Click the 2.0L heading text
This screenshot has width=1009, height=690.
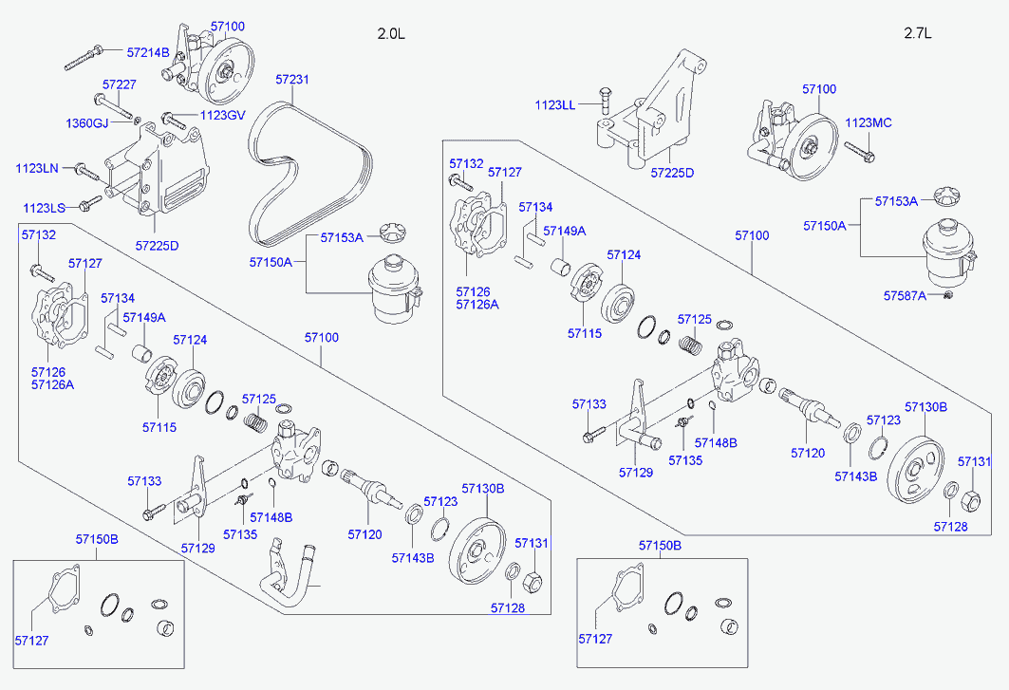pos(390,34)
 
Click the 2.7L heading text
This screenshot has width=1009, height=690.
pos(918,34)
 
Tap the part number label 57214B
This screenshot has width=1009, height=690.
pos(149,52)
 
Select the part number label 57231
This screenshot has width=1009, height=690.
pos(292,80)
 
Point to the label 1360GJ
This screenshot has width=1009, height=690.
pos(87,123)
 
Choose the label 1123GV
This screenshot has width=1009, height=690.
pos(222,116)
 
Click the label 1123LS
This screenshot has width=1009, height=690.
pos(45,207)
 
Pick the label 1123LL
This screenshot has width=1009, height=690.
pos(554,104)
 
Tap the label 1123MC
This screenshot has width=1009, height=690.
pos(869,122)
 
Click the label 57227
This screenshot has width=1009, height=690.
pos(120,84)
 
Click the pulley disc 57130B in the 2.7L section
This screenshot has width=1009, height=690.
pos(916,470)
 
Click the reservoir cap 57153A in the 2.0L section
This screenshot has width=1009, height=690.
pos(390,234)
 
